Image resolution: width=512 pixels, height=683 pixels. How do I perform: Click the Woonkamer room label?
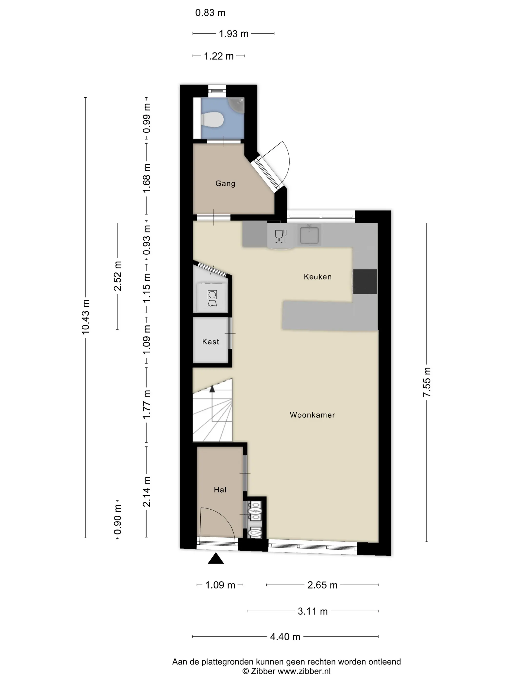[312, 415]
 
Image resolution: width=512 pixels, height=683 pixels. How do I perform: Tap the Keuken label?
[318, 277]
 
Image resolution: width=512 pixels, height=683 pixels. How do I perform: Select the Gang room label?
[225, 183]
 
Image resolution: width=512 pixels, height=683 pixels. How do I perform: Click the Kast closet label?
[210, 341]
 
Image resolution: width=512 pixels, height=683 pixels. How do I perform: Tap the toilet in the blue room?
[212, 120]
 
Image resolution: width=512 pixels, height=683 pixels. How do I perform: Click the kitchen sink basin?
[309, 235]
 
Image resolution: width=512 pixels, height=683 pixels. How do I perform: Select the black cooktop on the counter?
[365, 281]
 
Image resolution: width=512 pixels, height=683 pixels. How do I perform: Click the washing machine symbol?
[212, 298]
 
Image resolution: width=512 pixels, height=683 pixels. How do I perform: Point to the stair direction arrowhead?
[212, 389]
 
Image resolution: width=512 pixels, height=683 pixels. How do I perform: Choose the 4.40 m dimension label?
[285, 637]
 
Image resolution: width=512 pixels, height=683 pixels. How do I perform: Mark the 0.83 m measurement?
[210, 13]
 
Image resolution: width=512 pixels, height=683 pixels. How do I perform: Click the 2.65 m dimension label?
[322, 585]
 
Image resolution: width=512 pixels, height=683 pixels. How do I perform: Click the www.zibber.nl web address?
[304, 671]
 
